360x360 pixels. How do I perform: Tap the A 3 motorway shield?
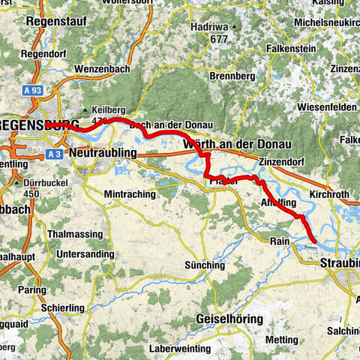[x=52, y=154]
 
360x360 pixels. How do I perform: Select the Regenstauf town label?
[x=52, y=22]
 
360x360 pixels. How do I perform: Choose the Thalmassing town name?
[x=76, y=233]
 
